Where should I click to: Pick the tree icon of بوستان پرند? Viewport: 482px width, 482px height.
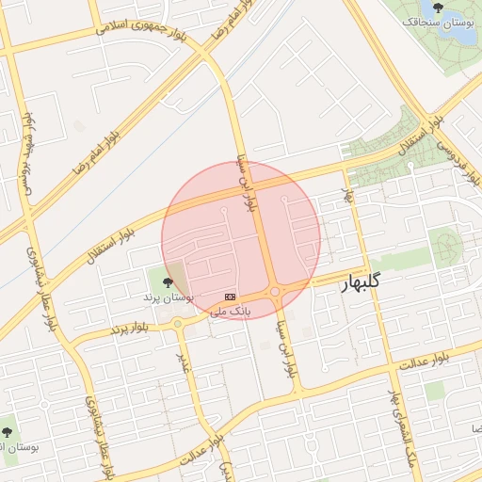(168, 281)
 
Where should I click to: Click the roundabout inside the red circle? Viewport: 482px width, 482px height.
(274, 293)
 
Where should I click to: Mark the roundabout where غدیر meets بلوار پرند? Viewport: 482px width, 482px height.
(178, 324)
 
